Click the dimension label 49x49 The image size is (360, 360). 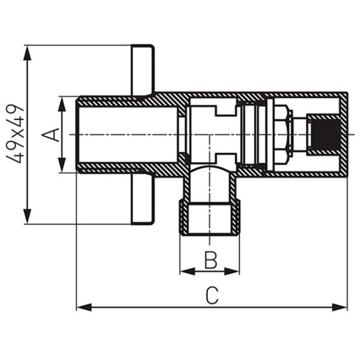pyautogui.click(x=16, y=134)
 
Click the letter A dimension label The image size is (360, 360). pyautogui.click(x=50, y=134)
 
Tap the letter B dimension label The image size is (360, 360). pyautogui.click(x=211, y=260)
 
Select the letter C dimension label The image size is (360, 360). pyautogui.click(x=212, y=295)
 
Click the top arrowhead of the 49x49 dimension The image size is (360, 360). pyautogui.click(x=28, y=53)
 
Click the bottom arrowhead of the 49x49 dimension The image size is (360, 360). pyautogui.click(x=28, y=216)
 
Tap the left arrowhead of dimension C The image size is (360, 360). pyautogui.click(x=84, y=307)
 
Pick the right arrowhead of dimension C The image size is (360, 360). pyautogui.click(x=340, y=307)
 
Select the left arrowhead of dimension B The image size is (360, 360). pyautogui.click(x=188, y=271)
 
